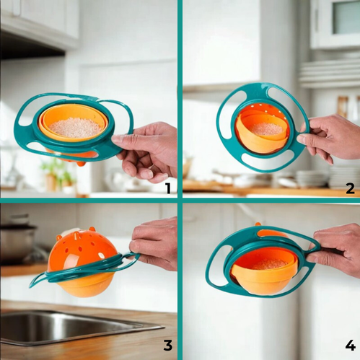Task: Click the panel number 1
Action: (x=168, y=188)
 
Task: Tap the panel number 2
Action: (x=351, y=188)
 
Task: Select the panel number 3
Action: (x=168, y=345)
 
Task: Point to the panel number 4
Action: (x=351, y=345)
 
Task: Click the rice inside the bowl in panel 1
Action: (x=75, y=127)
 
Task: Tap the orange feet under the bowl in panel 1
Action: (x=82, y=163)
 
